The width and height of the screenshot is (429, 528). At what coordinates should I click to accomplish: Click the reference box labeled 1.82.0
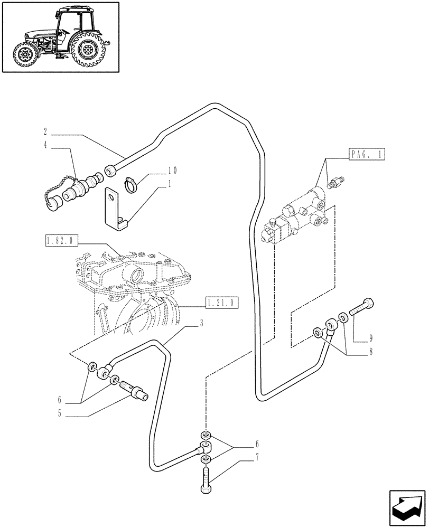pos(61,242)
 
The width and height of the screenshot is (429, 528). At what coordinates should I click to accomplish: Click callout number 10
pos(173,171)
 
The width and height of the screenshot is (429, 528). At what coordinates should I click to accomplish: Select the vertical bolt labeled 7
pos(206,479)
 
